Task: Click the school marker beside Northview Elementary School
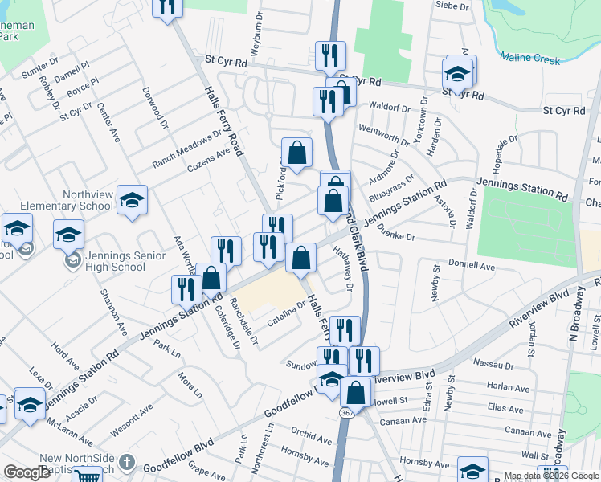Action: click(132, 202)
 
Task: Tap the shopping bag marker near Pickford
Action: click(296, 152)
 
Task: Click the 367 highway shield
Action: click(346, 412)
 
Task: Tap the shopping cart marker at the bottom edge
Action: click(87, 476)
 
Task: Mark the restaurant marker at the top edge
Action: click(166, 7)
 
